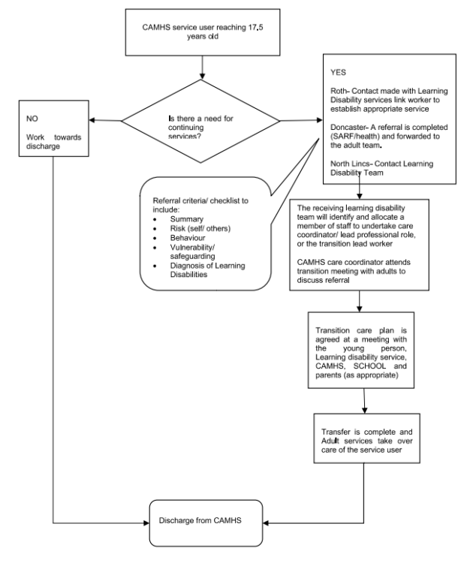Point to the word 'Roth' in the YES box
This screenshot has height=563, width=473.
[340, 89]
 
